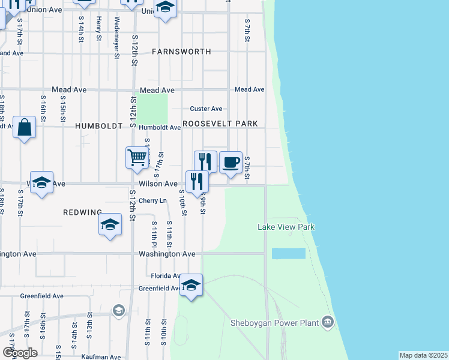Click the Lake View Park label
[x=286, y=227]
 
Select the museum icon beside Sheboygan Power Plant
[x=327, y=323]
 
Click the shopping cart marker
[x=137, y=158]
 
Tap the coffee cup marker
[x=231, y=163]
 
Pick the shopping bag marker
[x=24, y=127]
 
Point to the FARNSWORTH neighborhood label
[x=181, y=52]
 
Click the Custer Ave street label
[x=206, y=109]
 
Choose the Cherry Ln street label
[x=152, y=200]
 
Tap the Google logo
[x=20, y=353]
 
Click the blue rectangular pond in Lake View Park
[x=288, y=253]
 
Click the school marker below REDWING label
[x=110, y=225]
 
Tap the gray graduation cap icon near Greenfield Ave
[x=118, y=310]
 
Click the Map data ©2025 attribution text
[x=423, y=355]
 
